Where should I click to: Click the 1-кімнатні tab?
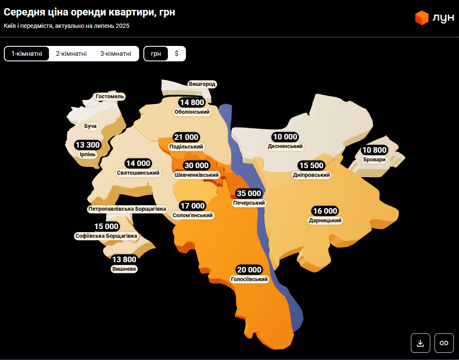pyautogui.click(x=27, y=54)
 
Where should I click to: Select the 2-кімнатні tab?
pyautogui.click(x=71, y=54)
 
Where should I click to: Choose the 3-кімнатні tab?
pyautogui.click(x=116, y=54)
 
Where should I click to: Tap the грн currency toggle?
pyautogui.click(x=156, y=54)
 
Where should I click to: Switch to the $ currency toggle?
pyautogui.click(x=176, y=54)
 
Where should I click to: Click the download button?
pyautogui.click(x=420, y=343)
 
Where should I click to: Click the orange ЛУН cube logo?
pyautogui.click(x=422, y=18)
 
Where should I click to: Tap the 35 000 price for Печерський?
pyautogui.click(x=249, y=194)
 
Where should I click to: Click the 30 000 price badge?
pyautogui.click(x=197, y=166)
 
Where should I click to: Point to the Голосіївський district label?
pyautogui.click(x=249, y=279)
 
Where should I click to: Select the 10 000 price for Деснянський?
pyautogui.click(x=285, y=137)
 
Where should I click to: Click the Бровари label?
pyautogui.click(x=374, y=160)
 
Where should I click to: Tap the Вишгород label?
pyautogui.click(x=202, y=84)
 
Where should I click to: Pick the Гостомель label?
pyautogui.click(x=110, y=97)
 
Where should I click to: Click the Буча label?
pyautogui.click(x=91, y=126)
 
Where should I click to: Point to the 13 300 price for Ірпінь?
pyautogui.click(x=88, y=145)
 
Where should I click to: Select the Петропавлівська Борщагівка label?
pyautogui.click(x=127, y=209)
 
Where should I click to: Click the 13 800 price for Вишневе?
pyautogui.click(x=124, y=259)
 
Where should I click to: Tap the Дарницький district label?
pyautogui.click(x=325, y=221)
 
